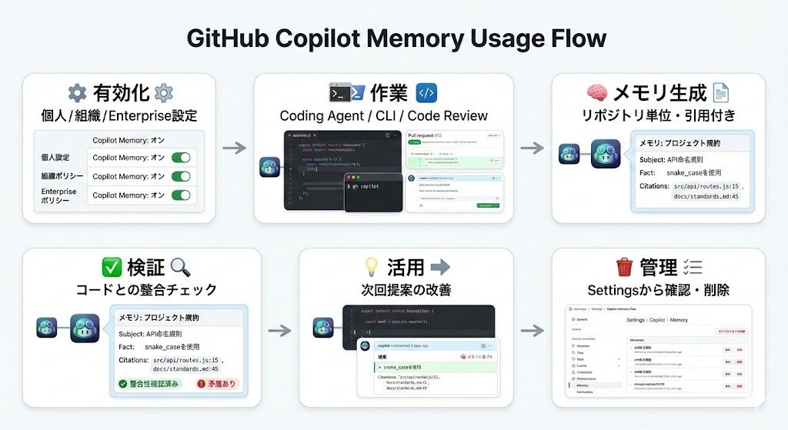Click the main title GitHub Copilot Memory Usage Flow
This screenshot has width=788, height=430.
pyautogui.click(x=394, y=38)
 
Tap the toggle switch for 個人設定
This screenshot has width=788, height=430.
pyautogui.click(x=181, y=158)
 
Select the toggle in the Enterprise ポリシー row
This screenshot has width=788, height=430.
pyautogui.click(x=181, y=195)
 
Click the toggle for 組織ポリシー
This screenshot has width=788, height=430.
pyautogui.click(x=181, y=176)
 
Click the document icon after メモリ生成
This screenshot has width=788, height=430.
pyautogui.click(x=721, y=94)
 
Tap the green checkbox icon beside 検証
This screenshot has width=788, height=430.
pyautogui.click(x=112, y=268)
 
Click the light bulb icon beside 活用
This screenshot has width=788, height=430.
pyautogui.click(x=372, y=268)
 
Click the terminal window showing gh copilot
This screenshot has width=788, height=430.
pyautogui.click(x=373, y=192)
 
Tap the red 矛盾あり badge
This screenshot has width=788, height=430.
pyautogui.click(x=218, y=383)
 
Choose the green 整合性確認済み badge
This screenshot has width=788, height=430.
pyautogui.click(x=150, y=383)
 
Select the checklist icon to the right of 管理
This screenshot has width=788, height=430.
pyautogui.click(x=692, y=268)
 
